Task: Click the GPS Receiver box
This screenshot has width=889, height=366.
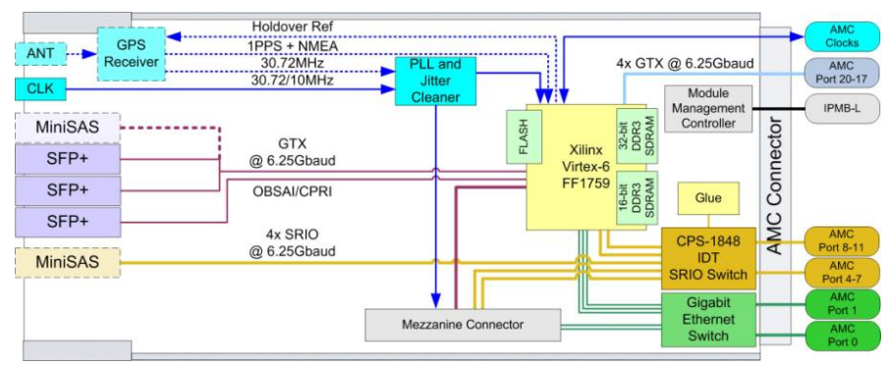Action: coord(131,54)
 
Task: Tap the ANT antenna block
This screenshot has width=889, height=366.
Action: coord(40,55)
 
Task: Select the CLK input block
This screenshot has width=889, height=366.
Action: coord(40,88)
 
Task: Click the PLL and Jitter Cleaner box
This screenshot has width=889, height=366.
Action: coord(435,80)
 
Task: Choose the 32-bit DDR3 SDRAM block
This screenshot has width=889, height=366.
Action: coord(631,134)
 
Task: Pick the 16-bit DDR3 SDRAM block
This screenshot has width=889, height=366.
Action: coord(631,199)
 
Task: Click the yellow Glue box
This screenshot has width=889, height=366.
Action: coord(708,198)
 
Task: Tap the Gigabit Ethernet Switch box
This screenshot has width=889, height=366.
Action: coord(708,319)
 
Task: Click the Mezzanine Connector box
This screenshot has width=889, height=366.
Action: coord(462,325)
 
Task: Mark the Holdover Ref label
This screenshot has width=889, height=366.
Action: coord(293,26)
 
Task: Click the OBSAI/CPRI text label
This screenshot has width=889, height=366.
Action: coord(291,192)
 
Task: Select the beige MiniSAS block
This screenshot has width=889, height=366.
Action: coord(68,262)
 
